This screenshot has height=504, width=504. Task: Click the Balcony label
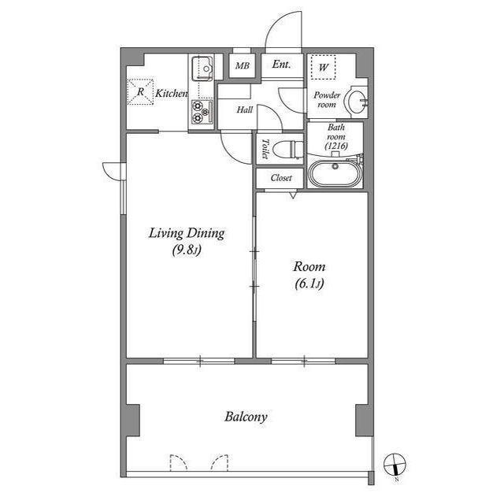tap(246, 417)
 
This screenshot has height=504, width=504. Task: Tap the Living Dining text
tap(187, 233)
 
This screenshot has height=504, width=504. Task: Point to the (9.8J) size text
tap(187, 251)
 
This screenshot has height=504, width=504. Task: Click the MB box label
tap(243, 66)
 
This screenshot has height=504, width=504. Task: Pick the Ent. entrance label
tap(281, 65)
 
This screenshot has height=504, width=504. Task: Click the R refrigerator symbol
tap(141, 93)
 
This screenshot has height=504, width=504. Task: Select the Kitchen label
tap(171, 94)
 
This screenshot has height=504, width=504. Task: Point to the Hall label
tap(244, 111)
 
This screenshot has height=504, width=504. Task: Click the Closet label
tap(280, 178)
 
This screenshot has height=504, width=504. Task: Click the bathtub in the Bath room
tap(335, 172)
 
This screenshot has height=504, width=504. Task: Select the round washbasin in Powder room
tap(358, 100)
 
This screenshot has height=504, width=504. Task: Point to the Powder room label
tap(326, 100)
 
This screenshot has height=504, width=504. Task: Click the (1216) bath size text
tap(336, 145)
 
